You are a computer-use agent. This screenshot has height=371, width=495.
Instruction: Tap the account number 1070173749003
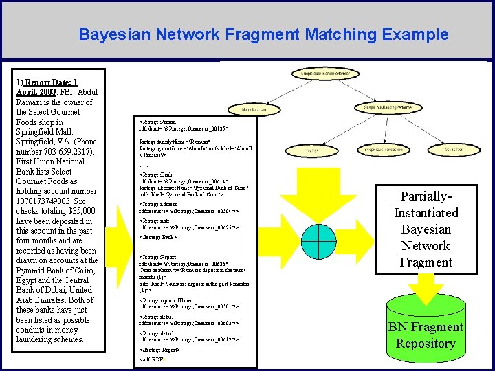(x=48, y=201)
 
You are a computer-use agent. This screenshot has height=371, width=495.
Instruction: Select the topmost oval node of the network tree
(x=321, y=73)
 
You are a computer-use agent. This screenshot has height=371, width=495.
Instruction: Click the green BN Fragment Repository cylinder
(x=426, y=329)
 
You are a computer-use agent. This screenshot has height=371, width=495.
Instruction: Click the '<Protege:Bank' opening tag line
(x=157, y=175)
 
